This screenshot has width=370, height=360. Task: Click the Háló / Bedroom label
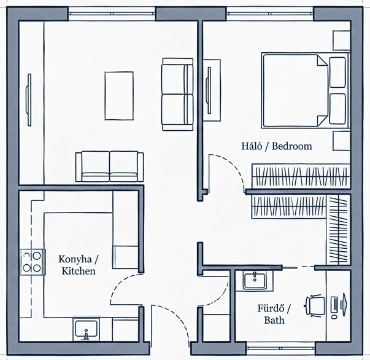tap(277, 146)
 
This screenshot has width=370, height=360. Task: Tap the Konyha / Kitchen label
tap(79, 265)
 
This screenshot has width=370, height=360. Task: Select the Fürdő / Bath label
tap(274, 314)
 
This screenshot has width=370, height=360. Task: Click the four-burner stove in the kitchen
tap(33, 262)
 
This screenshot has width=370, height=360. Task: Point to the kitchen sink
tap(86, 329)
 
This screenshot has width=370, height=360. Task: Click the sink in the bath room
tap(255, 280)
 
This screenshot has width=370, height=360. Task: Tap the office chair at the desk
tap(315, 306)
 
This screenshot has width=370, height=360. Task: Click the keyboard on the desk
tap(334, 305)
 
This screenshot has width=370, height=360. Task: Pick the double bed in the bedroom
tap(306, 90)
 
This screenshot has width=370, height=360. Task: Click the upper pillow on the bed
tap(337, 72)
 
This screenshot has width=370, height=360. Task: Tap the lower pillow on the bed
tap(337, 109)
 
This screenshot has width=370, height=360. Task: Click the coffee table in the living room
tap(119, 96)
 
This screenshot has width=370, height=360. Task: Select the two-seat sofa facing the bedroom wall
tap(177, 95)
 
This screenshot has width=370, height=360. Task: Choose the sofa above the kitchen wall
tap(109, 166)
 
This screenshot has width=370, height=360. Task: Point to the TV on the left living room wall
tap(29, 100)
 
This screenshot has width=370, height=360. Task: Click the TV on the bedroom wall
tap(209, 90)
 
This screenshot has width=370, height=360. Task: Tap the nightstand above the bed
tap(341, 40)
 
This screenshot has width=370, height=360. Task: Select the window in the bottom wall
tap(280, 348)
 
